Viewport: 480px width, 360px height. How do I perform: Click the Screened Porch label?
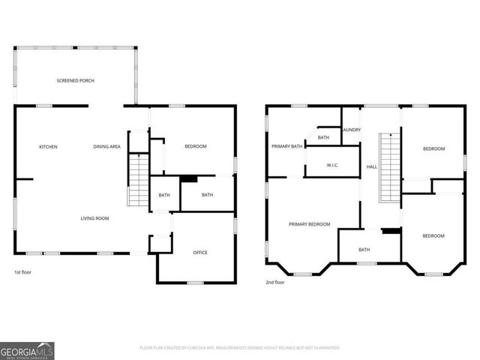click(x=75, y=80)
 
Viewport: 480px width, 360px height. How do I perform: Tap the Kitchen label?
click(x=48, y=146)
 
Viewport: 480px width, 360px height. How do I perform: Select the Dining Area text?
click(x=107, y=146)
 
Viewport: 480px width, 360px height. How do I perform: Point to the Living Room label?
click(x=95, y=218)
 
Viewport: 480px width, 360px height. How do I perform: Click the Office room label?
click(x=200, y=252)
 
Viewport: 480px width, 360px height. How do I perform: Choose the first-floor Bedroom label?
click(x=196, y=146)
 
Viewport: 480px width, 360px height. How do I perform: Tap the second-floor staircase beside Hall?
click(x=388, y=168)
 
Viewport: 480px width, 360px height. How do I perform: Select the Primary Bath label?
click(x=287, y=146)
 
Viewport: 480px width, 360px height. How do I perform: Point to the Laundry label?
click(x=352, y=130)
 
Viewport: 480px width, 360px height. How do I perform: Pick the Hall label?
click(x=371, y=166)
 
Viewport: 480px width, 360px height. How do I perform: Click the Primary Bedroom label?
click(x=310, y=224)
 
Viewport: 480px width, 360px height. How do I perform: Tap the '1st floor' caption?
click(x=23, y=272)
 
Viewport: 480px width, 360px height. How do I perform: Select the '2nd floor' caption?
click(x=275, y=283)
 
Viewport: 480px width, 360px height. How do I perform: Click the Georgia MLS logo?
click(x=27, y=350)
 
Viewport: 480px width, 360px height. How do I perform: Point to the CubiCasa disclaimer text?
click(x=240, y=348)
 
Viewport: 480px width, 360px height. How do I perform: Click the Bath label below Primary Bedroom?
click(x=364, y=250)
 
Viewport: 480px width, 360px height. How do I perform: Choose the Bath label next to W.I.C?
click(x=323, y=137)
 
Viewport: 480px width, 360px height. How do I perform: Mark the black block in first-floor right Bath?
click(x=188, y=178)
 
